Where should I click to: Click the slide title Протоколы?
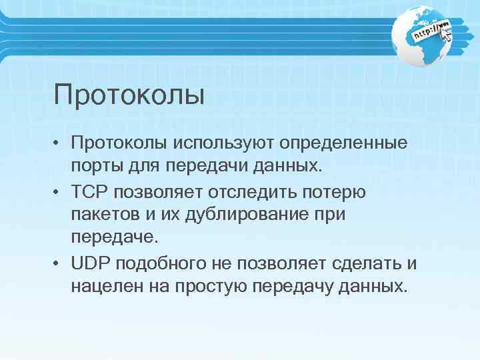129,95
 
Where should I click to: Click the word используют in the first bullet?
221,143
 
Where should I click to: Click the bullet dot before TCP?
59,192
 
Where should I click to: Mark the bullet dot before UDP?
59,263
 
